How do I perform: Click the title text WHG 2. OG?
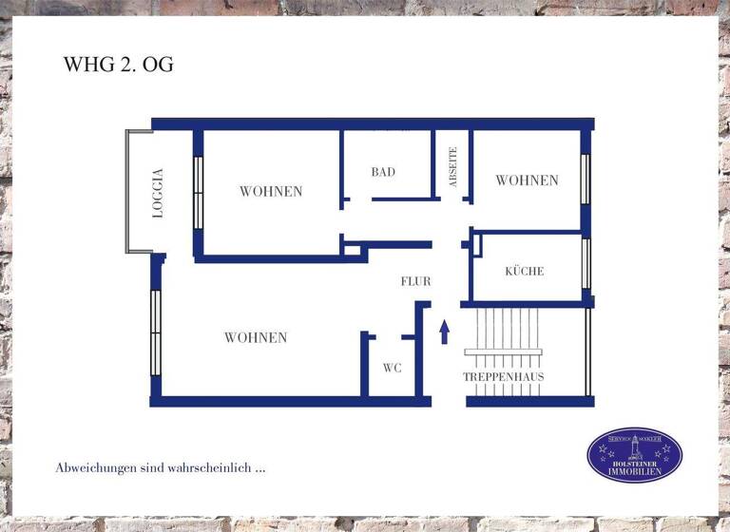pyautogui.click(x=118, y=66)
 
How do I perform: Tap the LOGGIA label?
pyautogui.click(x=158, y=193)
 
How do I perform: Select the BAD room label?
pyautogui.click(x=383, y=172)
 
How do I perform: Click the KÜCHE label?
pyautogui.click(x=525, y=272)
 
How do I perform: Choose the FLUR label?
pyautogui.click(x=415, y=281)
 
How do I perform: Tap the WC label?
pyautogui.click(x=392, y=368)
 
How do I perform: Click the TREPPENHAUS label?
pyautogui.click(x=504, y=377)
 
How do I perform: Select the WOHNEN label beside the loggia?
pyautogui.click(x=271, y=191)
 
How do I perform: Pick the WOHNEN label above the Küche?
pyautogui.click(x=527, y=180)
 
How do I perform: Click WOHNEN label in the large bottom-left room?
pyautogui.click(x=256, y=337)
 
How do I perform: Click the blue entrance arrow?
pyautogui.click(x=444, y=332)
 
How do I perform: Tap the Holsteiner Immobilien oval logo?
pyautogui.click(x=634, y=455)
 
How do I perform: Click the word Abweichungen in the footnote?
pyautogui.click(x=98, y=468)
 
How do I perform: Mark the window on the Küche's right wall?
pyautogui.click(x=586, y=263)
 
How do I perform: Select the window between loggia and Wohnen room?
pyautogui.click(x=198, y=193)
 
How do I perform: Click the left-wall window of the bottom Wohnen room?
pyautogui.click(x=156, y=332)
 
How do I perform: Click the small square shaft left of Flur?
pyautogui.click(x=353, y=251)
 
